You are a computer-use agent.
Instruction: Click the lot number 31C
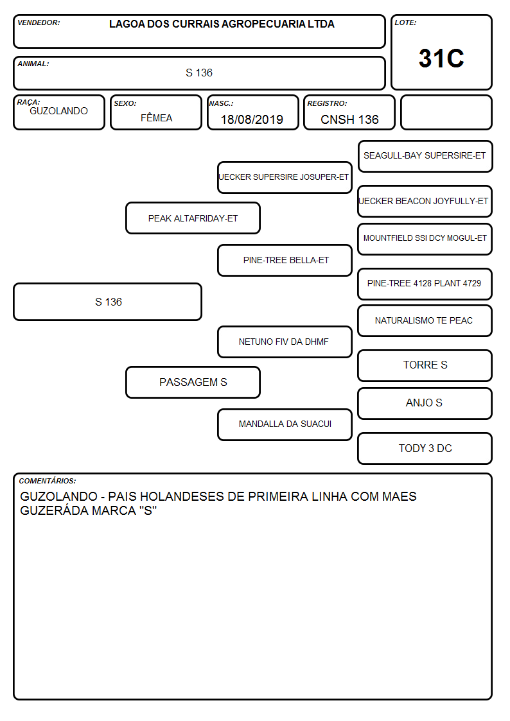pyautogui.click(x=441, y=58)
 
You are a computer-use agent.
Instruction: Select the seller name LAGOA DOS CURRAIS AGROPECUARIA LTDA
pyautogui.click(x=222, y=24)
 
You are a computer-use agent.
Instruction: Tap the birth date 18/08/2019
pyautogui.click(x=252, y=119)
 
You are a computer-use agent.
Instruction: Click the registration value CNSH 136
pyautogui.click(x=349, y=119)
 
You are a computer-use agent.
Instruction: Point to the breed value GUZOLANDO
pyautogui.click(x=59, y=111)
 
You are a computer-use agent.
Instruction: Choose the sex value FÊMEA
pyautogui.click(x=156, y=117)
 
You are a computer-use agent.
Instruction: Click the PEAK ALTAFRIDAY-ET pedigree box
pyautogui.click(x=193, y=218)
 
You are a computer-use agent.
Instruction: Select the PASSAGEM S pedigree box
pyautogui.click(x=193, y=382)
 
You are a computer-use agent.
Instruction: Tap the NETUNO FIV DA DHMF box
pyautogui.click(x=285, y=342)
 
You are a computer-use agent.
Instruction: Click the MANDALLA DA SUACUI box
pyautogui.click(x=285, y=424)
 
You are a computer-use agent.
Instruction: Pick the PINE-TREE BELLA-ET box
pyautogui.click(x=285, y=260)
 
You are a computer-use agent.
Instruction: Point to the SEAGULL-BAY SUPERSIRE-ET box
pyautogui.click(x=425, y=157)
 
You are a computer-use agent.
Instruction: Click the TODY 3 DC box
pyautogui.click(x=425, y=448)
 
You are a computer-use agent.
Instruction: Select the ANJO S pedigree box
pyautogui.click(x=425, y=403)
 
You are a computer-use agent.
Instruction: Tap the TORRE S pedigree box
pyautogui.click(x=425, y=365)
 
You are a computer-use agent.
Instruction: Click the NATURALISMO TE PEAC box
pyautogui.click(x=425, y=320)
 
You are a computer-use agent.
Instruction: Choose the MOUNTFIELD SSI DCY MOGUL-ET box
pyautogui.click(x=425, y=239)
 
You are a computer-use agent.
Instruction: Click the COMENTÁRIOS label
pyautogui.click(x=48, y=481)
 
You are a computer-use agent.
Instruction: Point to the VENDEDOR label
pyautogui.click(x=39, y=22)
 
